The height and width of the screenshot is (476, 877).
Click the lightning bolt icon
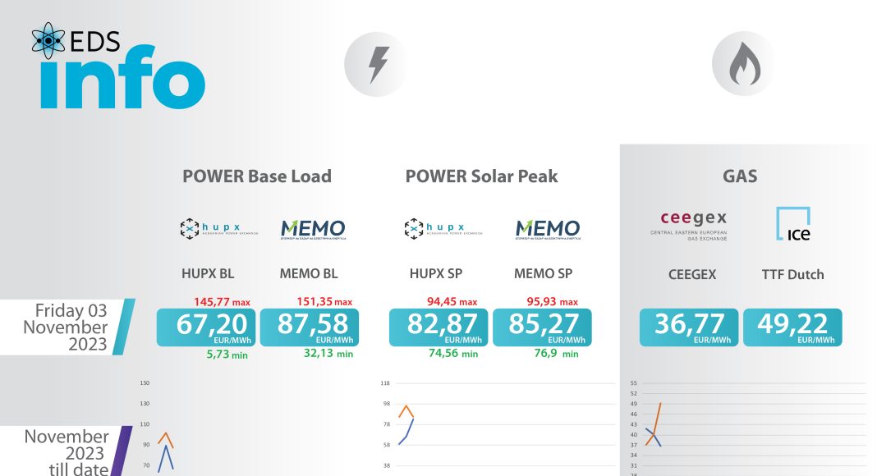(x=378, y=65)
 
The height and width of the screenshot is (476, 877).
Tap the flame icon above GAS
(x=745, y=65)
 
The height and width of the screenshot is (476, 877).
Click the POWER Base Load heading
(x=257, y=176)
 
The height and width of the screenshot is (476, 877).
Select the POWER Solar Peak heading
(x=481, y=176)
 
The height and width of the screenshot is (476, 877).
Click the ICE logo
(x=793, y=224)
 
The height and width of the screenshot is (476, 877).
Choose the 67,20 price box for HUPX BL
(x=206, y=327)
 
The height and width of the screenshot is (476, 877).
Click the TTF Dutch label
(x=792, y=274)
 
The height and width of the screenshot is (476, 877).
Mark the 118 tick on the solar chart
(x=385, y=383)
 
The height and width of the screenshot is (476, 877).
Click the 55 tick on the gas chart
(x=633, y=383)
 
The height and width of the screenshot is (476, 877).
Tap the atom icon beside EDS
(x=48, y=39)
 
